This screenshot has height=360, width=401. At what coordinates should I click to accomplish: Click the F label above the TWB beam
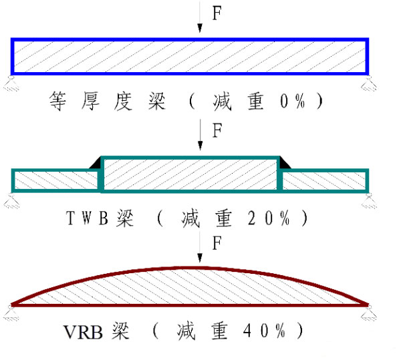216,130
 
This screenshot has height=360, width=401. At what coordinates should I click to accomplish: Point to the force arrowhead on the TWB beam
200,150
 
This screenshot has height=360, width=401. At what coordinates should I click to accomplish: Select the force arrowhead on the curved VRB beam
200,262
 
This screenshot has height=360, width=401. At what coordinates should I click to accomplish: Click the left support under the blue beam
10,81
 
